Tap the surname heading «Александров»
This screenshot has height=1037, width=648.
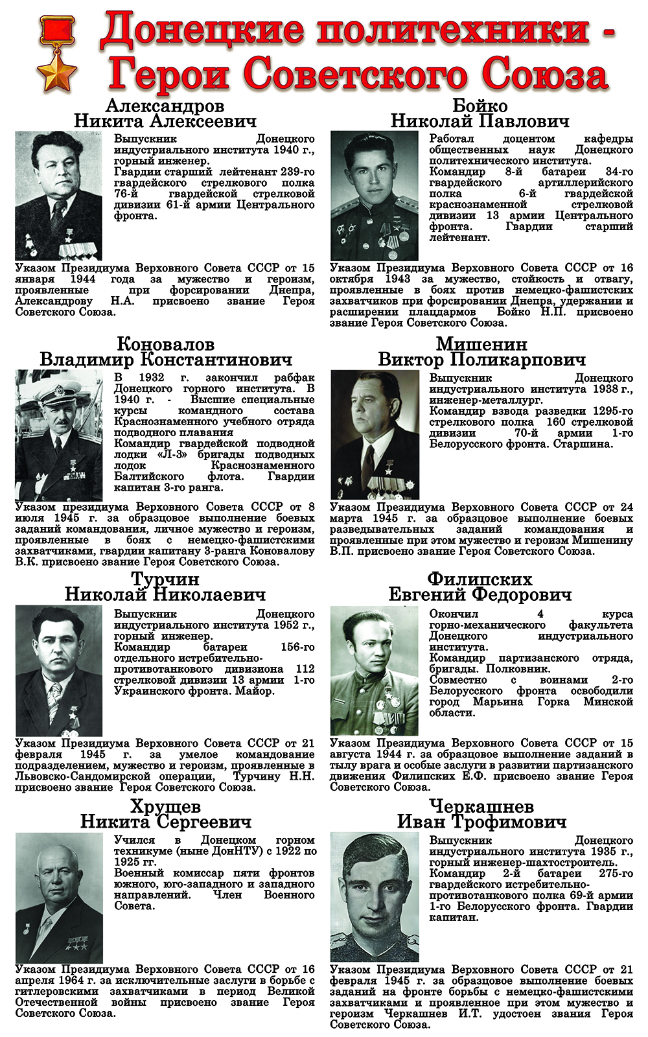pyautogui.click(x=165, y=106)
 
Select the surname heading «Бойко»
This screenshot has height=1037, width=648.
pyautogui.click(x=480, y=106)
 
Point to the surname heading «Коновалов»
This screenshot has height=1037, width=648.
pyautogui.click(x=165, y=344)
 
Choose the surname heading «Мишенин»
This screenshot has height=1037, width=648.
pyautogui.click(x=481, y=344)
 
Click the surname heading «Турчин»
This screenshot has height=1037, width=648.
pyautogui.click(x=165, y=579)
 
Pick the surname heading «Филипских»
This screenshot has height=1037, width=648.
pyautogui.click(x=480, y=579)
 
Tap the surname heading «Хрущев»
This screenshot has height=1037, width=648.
pyautogui.click(x=165, y=807)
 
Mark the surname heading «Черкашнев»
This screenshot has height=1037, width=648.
pyautogui.click(x=481, y=807)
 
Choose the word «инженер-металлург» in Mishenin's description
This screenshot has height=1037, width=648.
pyautogui.click(x=473, y=400)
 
